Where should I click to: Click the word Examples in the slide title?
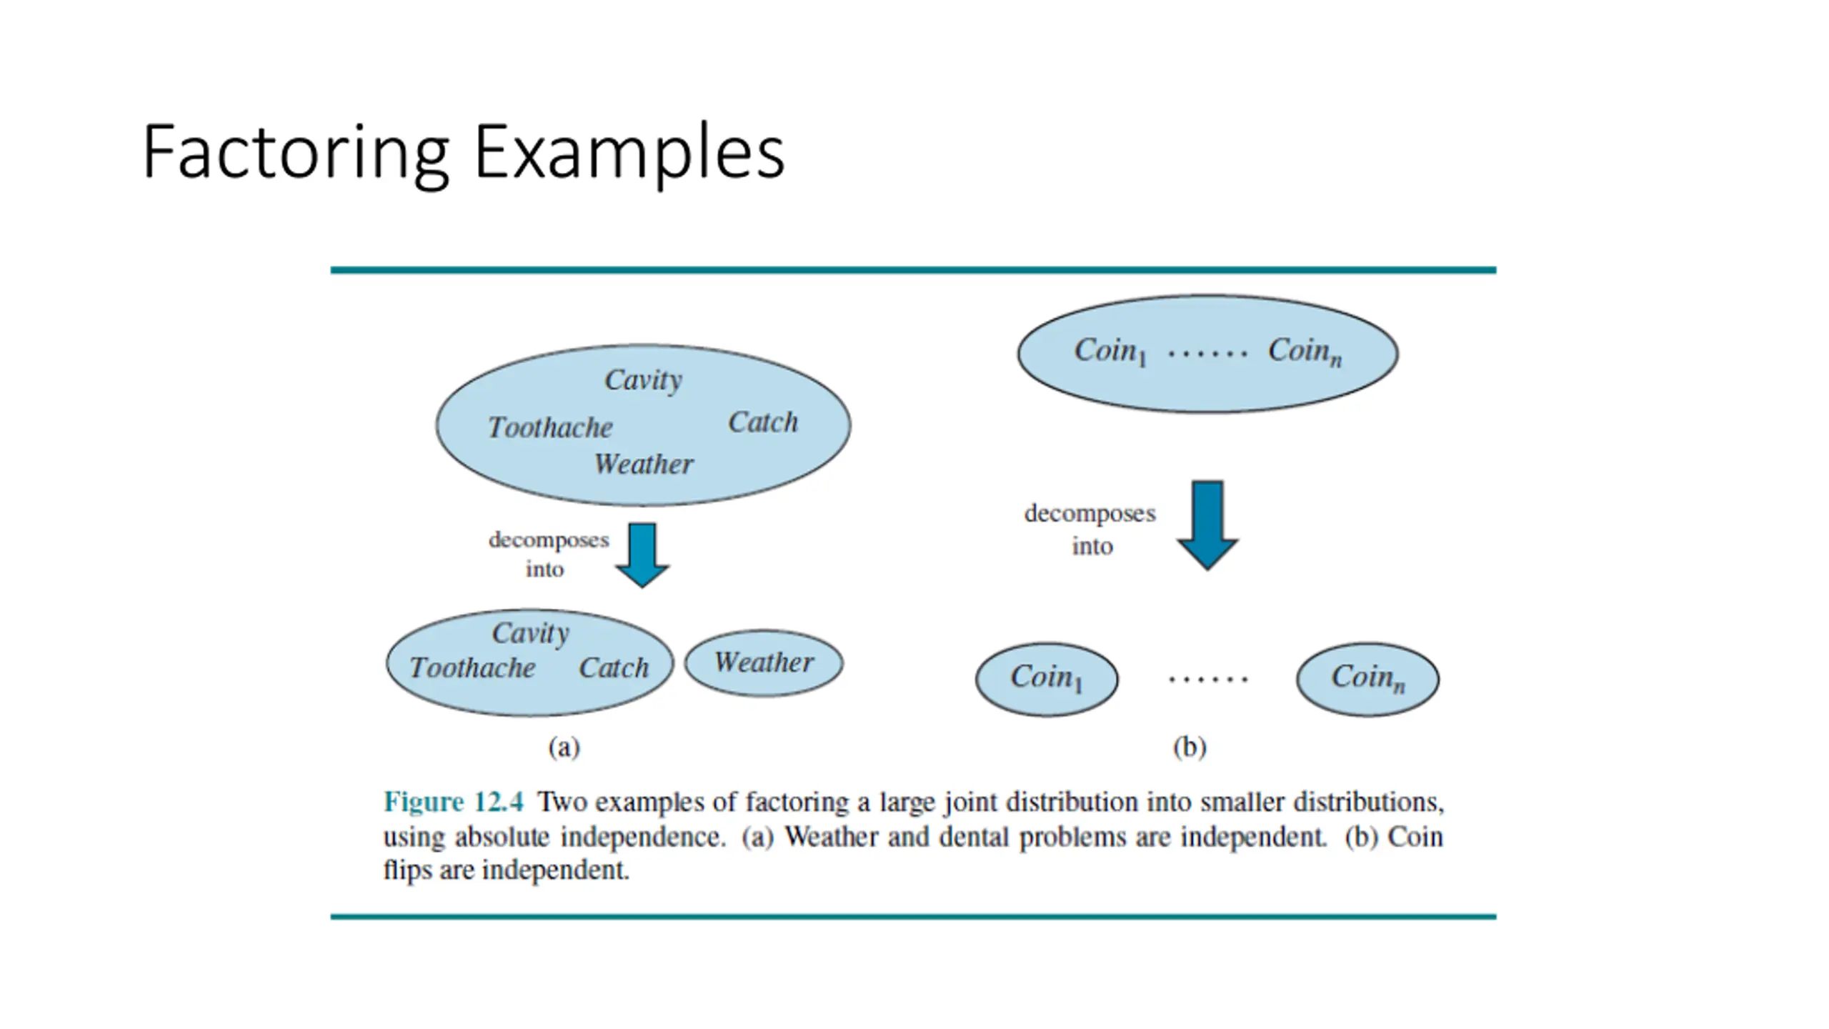(x=629, y=153)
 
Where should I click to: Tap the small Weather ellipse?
(x=764, y=663)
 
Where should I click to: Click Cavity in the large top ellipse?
(x=643, y=380)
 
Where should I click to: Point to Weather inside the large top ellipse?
(x=643, y=464)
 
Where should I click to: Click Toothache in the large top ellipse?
(x=549, y=428)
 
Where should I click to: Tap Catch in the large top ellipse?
(x=762, y=422)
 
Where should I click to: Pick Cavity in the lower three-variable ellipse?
(x=530, y=633)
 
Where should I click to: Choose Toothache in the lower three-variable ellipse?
(x=472, y=668)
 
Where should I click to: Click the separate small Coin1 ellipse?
(x=1047, y=679)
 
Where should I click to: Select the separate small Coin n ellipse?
(x=1367, y=679)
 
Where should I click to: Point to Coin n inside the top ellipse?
(x=1305, y=352)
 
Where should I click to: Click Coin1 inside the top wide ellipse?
(x=1110, y=352)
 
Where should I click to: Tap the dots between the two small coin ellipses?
(x=1207, y=679)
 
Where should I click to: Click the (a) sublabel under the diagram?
(x=564, y=747)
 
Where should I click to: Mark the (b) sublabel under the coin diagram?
(x=1190, y=747)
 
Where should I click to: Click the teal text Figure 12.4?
(x=454, y=802)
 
